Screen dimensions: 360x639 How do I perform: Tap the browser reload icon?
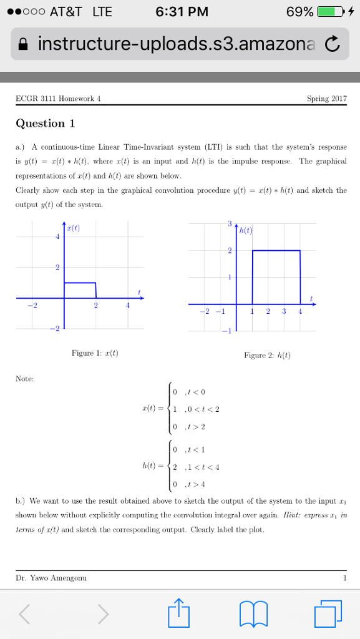coord(333,44)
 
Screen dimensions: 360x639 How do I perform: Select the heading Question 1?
coord(45,123)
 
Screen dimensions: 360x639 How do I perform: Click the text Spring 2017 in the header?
coord(327,99)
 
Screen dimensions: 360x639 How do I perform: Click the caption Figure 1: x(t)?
coord(95,353)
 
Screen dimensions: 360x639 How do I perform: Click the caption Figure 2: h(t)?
coord(268,356)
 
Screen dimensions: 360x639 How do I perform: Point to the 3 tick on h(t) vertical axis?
coord(229,224)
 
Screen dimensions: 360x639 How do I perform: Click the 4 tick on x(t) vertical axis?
coord(57,237)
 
